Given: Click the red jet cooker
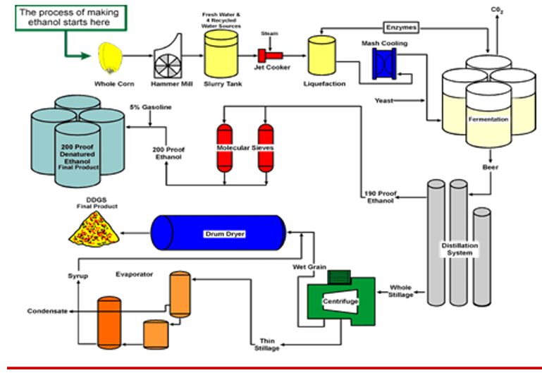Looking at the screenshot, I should [x=269, y=54].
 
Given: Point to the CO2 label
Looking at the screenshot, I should [x=498, y=9].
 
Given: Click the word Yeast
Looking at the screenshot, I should [x=383, y=100].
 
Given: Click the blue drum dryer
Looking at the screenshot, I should [x=218, y=232].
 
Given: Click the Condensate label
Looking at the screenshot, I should [x=48, y=311].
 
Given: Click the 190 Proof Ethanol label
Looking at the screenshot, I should [x=380, y=197].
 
